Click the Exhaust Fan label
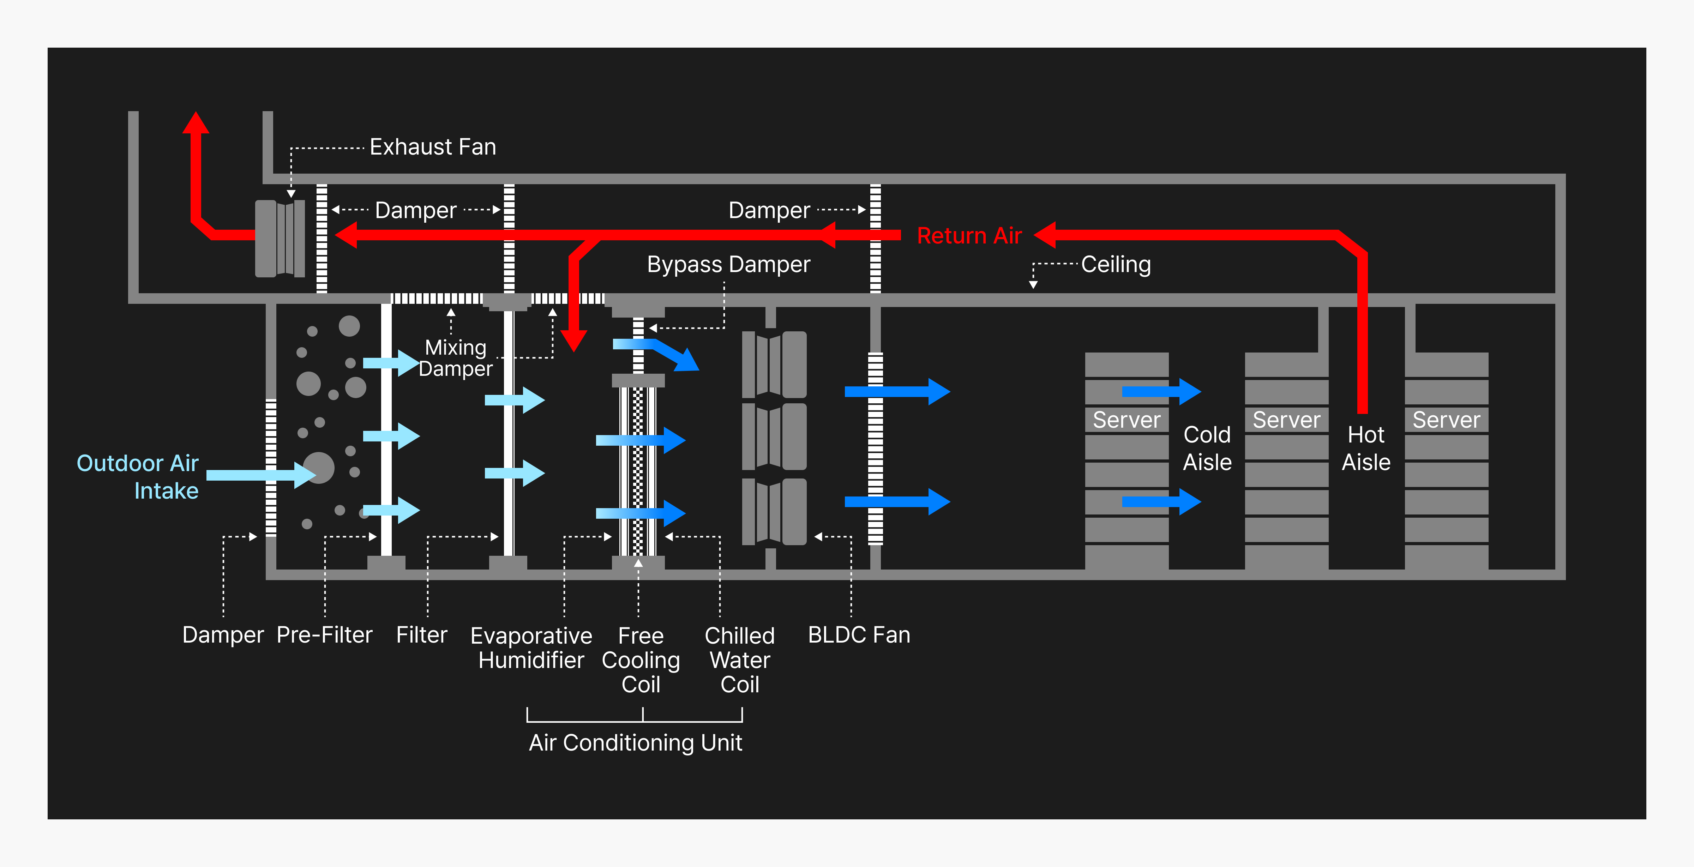point(433,146)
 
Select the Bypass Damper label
point(728,264)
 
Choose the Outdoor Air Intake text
point(138,477)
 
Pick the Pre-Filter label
point(324,635)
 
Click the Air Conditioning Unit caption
point(635,743)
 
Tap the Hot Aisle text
point(1366,448)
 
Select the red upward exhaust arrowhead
point(195,123)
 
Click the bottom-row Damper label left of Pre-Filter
point(223,635)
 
